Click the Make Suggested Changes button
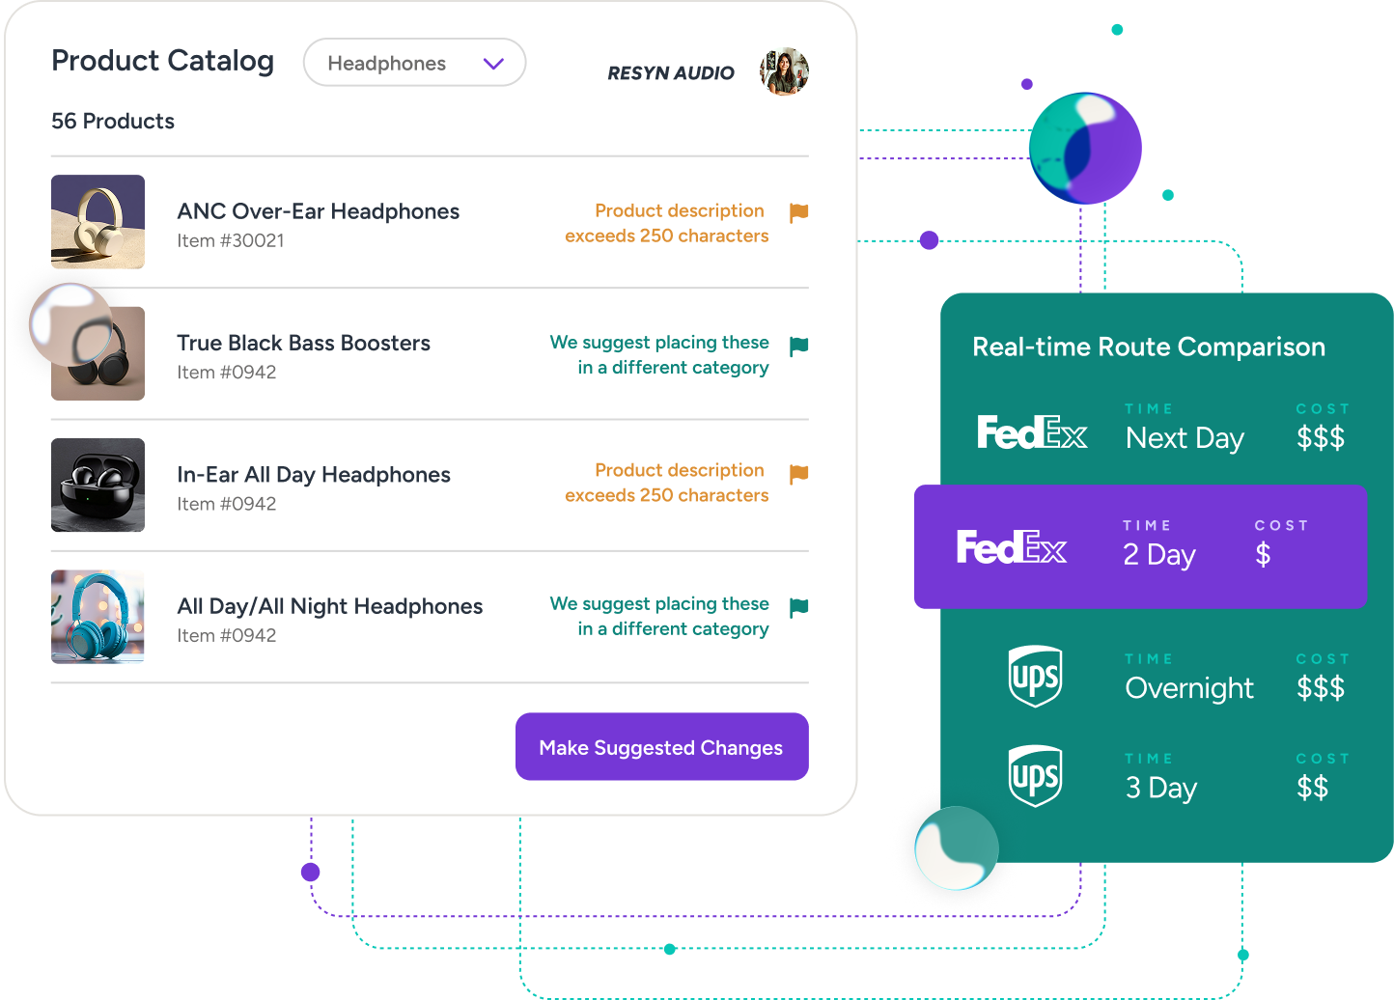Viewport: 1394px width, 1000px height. [x=661, y=747]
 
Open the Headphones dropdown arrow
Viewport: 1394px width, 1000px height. [x=493, y=64]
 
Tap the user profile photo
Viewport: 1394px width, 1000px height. [x=784, y=71]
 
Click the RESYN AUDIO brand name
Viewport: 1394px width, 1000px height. [x=671, y=73]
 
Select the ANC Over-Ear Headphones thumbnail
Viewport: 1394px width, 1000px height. [x=98, y=221]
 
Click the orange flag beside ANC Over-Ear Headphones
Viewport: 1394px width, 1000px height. [x=798, y=212]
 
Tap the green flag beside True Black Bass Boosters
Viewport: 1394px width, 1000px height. [x=798, y=346]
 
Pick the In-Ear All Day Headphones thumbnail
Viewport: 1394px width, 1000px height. [x=98, y=485]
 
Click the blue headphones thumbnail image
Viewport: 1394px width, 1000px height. [x=98, y=617]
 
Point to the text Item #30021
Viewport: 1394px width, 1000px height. [x=231, y=241]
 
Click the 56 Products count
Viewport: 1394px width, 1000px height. [x=113, y=122]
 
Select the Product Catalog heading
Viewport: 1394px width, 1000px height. [x=162, y=61]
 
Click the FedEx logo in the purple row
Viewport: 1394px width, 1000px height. [x=1011, y=547]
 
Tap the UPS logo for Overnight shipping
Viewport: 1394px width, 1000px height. [x=1035, y=676]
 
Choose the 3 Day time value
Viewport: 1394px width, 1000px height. [x=1161, y=789]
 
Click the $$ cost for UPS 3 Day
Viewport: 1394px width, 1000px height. [x=1312, y=788]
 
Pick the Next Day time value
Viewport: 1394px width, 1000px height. [x=1185, y=438]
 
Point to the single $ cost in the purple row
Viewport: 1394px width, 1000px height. [x=1263, y=554]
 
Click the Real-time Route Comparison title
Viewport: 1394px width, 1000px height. [x=1149, y=347]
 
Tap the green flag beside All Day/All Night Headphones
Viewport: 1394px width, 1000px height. [x=798, y=607]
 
